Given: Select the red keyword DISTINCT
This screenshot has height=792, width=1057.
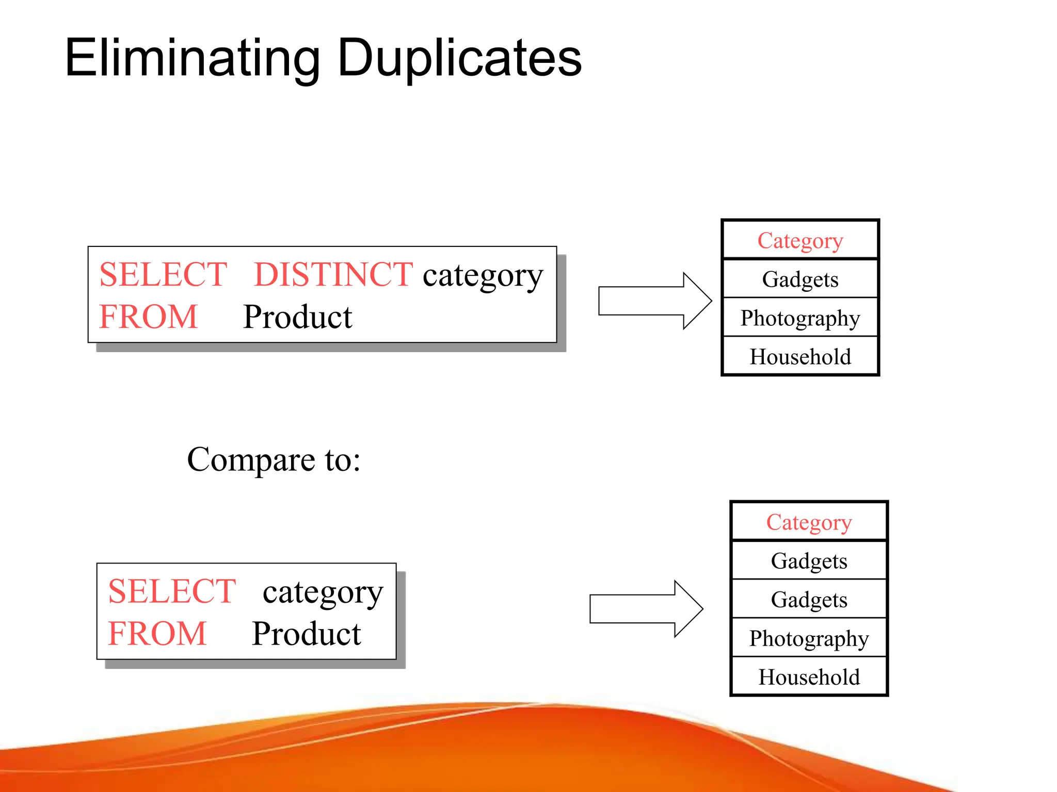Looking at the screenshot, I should click(333, 274).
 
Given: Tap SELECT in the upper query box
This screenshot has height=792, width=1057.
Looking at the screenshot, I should click(163, 274).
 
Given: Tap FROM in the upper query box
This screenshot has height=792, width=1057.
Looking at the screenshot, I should click(149, 317).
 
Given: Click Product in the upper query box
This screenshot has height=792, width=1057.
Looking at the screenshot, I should click(297, 317).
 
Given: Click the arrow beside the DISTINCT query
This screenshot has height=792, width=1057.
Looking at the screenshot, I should click(654, 301).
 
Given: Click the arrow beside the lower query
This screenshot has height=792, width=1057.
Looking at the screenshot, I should click(646, 609).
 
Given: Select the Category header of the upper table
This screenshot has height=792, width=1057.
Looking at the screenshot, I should click(800, 240).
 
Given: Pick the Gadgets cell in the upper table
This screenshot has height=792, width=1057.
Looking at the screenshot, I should click(800, 279).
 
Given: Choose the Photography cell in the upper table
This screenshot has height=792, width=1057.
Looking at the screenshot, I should click(800, 318).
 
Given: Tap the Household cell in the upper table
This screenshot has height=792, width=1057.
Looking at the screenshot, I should click(800, 357).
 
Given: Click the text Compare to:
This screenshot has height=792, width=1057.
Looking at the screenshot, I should click(274, 459).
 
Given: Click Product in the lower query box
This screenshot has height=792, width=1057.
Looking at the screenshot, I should click(306, 634).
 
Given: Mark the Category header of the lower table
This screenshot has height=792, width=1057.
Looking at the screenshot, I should click(809, 522).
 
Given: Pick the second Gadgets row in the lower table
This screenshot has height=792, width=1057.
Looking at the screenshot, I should click(809, 600).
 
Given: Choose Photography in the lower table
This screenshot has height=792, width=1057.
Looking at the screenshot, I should click(809, 638).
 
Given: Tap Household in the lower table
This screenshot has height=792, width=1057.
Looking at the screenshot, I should click(809, 677).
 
